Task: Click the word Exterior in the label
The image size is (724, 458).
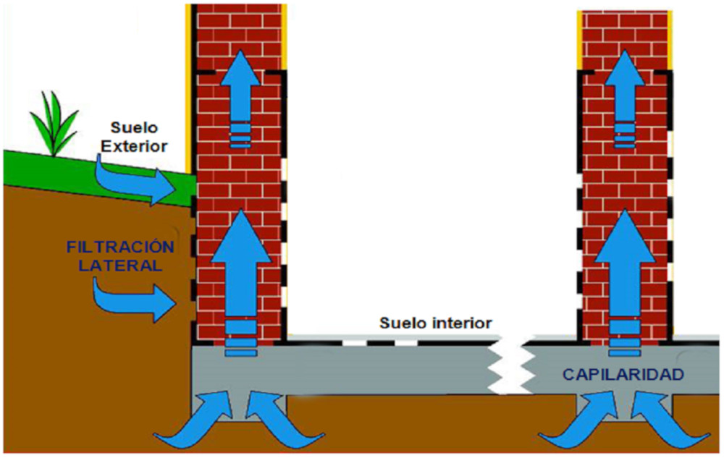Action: (134, 146)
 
